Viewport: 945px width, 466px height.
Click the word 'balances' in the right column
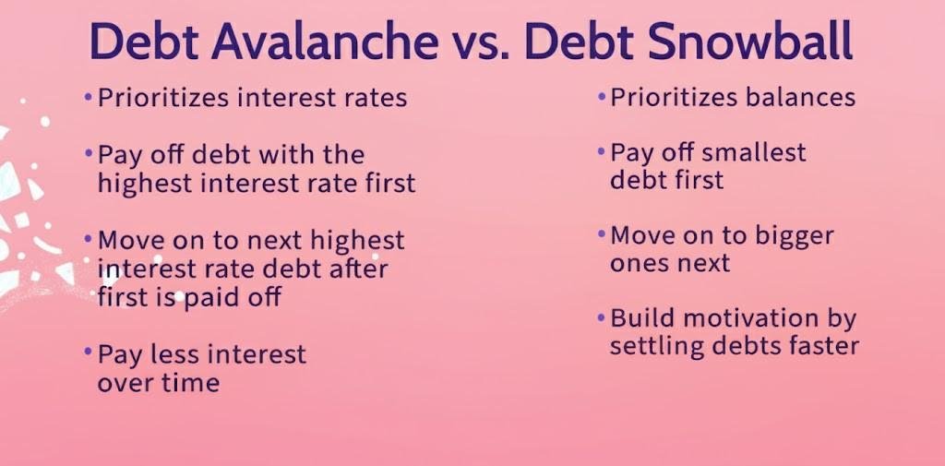click(x=803, y=97)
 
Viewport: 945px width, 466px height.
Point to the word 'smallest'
click(x=756, y=152)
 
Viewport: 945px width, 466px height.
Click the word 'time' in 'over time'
click(x=193, y=383)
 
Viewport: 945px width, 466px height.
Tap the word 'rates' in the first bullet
click(x=374, y=97)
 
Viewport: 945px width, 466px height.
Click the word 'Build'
click(x=641, y=318)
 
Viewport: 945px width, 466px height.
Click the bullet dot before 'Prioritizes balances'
click(x=602, y=96)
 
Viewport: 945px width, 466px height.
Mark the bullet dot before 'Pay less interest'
click(x=89, y=352)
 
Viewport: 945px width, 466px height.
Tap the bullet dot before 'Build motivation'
click(x=602, y=317)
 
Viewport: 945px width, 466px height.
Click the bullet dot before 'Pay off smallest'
click(x=602, y=151)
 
